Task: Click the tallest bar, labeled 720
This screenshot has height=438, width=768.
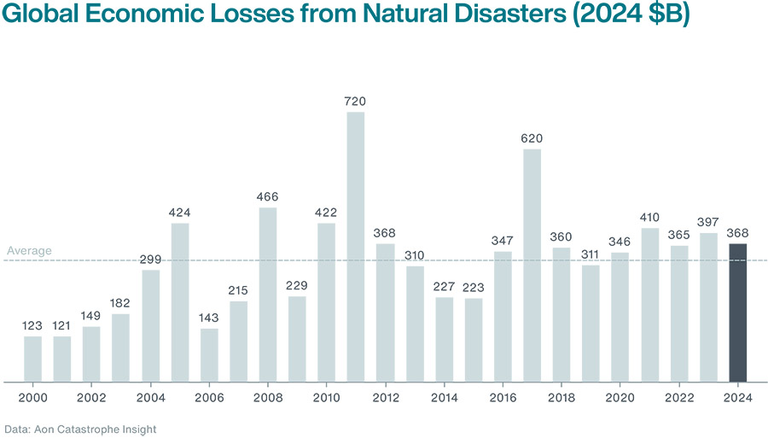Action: click(356, 247)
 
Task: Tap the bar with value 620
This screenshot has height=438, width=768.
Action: click(532, 266)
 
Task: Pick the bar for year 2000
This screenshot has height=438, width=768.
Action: click(32, 359)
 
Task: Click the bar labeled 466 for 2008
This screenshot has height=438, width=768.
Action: click(268, 295)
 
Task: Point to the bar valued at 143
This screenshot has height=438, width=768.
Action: click(209, 354)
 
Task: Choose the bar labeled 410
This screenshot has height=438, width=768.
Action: click(650, 305)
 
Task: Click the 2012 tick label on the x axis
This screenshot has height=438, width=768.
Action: click(385, 397)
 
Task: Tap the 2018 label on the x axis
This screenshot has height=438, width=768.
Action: click(561, 397)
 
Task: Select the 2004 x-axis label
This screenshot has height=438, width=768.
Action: click(150, 397)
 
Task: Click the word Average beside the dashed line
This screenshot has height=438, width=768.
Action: click(29, 251)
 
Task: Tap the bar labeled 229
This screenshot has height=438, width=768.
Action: click(297, 338)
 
